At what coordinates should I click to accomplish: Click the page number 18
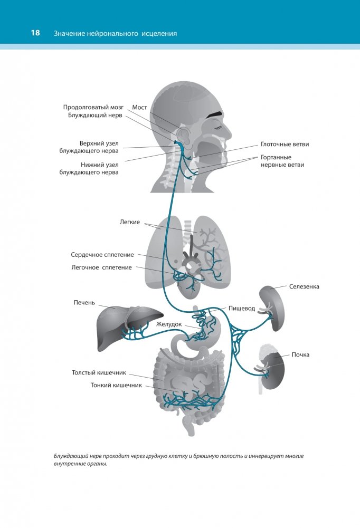click(35, 33)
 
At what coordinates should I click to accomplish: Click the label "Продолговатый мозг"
click(93, 107)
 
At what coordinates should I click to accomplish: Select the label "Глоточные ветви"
click(285, 143)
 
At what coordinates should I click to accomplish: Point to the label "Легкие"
click(130, 222)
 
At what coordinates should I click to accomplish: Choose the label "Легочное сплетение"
click(102, 267)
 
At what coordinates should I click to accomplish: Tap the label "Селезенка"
click(304, 287)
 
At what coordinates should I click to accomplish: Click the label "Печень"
click(84, 303)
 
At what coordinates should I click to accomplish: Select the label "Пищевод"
click(242, 308)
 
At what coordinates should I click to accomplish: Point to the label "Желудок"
click(168, 324)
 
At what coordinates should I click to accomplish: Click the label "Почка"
click(300, 354)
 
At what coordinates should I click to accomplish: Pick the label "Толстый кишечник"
click(99, 372)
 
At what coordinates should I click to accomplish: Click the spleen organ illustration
click(272, 306)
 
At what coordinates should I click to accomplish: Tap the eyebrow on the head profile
click(213, 114)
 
